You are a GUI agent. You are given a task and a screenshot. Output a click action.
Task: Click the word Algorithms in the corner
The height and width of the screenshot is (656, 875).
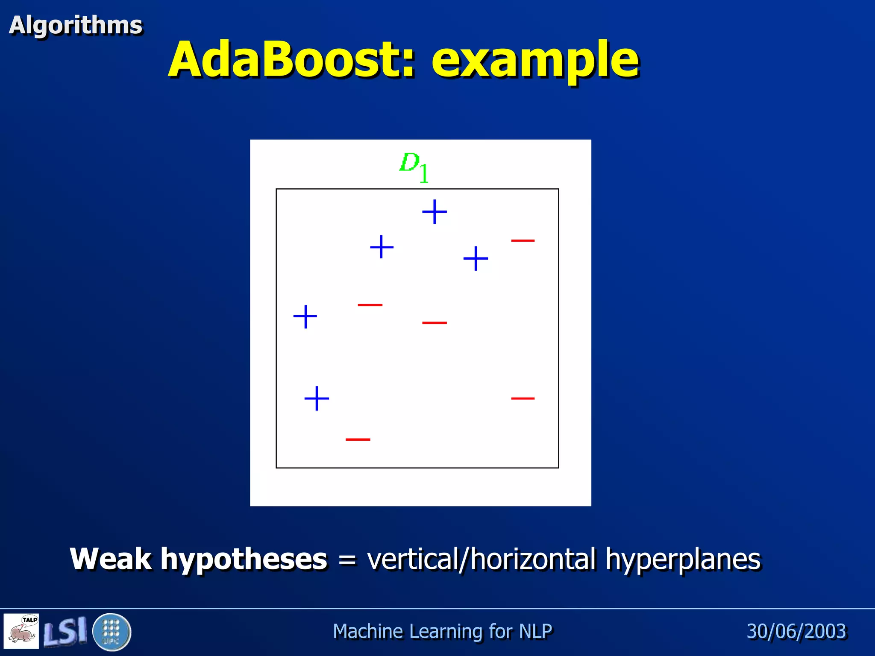click(x=75, y=25)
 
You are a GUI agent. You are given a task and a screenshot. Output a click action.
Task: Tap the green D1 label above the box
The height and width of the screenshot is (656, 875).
click(x=414, y=167)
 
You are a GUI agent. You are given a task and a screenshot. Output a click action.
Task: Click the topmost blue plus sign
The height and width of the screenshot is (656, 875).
click(x=434, y=211)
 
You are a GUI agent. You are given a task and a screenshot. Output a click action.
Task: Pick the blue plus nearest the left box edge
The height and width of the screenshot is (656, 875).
click(x=305, y=316)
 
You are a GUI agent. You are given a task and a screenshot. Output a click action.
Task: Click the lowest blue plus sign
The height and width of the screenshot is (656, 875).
click(x=317, y=398)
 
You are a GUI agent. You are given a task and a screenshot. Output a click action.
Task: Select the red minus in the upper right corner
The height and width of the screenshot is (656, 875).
click(x=523, y=241)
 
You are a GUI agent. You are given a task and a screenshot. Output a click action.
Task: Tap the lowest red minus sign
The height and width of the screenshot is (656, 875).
click(x=358, y=439)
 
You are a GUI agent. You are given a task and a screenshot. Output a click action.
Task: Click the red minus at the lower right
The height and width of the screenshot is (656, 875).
click(x=523, y=398)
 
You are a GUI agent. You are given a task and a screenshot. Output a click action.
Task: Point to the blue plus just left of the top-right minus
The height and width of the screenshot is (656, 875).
click(x=476, y=258)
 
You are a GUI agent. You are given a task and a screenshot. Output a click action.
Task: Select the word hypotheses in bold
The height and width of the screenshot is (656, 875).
click(x=244, y=559)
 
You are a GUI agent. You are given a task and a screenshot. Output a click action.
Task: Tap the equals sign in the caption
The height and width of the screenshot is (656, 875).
click(x=347, y=560)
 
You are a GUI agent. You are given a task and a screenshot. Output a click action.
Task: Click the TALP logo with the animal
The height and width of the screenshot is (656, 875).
click(x=21, y=631)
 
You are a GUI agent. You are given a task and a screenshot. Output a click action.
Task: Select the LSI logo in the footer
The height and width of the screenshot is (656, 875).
click(x=65, y=631)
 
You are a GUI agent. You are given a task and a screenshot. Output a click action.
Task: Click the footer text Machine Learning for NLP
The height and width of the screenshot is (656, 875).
click(x=442, y=631)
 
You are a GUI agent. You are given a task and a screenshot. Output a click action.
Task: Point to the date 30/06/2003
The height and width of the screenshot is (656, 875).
click(x=796, y=631)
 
